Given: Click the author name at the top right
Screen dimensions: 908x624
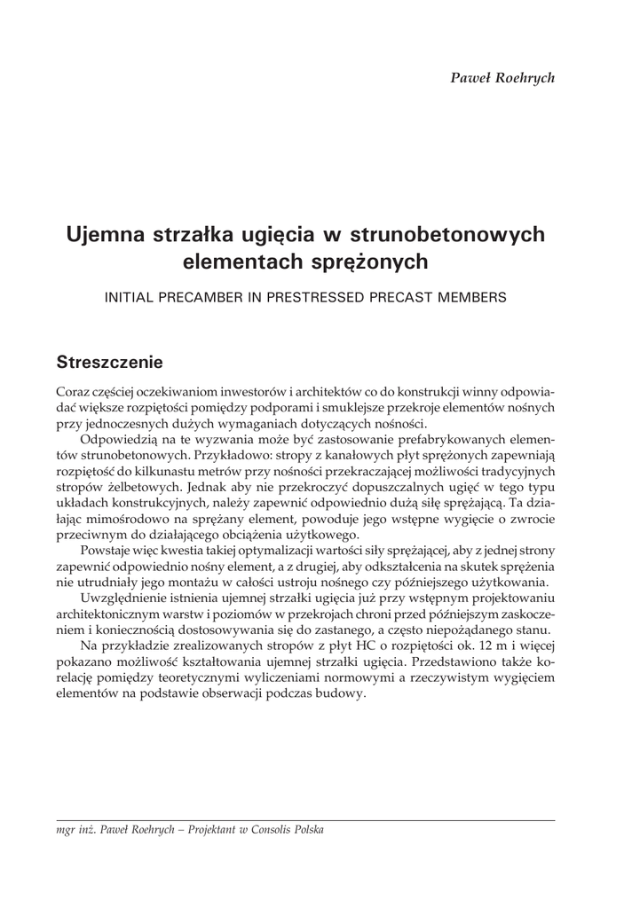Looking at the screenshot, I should coord(503,77).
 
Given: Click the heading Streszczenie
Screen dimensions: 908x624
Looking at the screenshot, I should coord(108,362).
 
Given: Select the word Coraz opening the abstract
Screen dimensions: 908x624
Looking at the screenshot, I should coord(73,392).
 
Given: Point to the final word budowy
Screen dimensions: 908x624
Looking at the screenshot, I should coord(341,694).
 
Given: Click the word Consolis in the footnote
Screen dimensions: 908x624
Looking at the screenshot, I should coord(265,831).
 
